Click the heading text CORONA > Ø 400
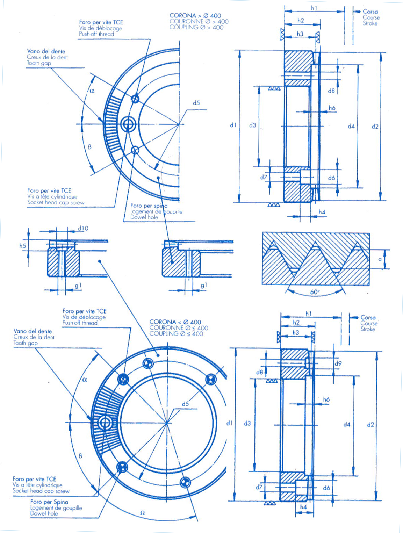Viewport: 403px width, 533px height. pos(195,16)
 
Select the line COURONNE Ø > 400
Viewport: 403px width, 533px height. pos(199,21)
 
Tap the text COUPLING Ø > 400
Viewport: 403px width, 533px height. pos(196,27)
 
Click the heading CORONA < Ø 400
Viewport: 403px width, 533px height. pos(175,322)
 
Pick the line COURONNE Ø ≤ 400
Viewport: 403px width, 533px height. pos(179,328)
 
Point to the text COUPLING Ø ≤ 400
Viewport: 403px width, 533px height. pos(176,334)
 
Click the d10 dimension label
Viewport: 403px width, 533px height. pos(83,228)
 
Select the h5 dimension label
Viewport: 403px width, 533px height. pos(23,246)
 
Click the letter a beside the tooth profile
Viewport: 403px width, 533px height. pos(380,259)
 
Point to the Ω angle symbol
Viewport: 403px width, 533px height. pos(142,513)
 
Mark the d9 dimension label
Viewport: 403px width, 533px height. pos(338,363)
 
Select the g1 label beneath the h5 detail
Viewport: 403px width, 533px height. pos(78,286)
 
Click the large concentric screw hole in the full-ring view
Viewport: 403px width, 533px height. pos(105,423)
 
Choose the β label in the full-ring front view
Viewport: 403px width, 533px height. pos(81,456)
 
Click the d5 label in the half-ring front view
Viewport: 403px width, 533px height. pos(196,103)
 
